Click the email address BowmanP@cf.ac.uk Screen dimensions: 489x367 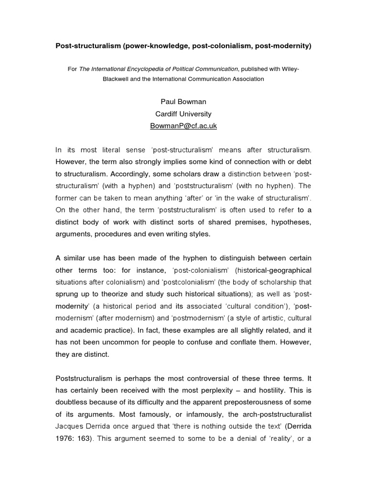coord(183,126)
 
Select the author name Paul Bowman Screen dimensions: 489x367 coord(183,103)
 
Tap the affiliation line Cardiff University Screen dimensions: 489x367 coord(183,114)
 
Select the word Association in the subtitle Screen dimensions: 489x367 coord(242,79)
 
